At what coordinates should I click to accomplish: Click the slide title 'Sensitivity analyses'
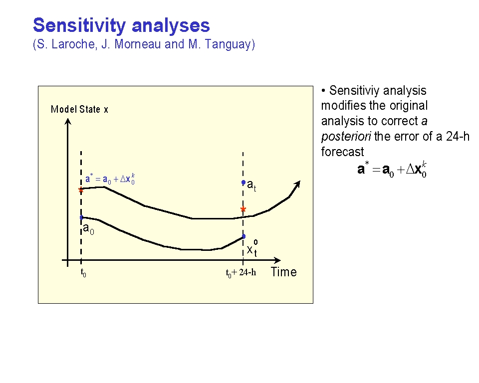point(121,26)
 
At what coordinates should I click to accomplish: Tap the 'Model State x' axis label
point(79,109)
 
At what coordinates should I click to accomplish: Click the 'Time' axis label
point(284,272)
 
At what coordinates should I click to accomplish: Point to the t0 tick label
point(83,272)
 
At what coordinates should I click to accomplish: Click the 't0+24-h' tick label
point(241,273)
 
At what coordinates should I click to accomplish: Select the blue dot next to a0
point(81,217)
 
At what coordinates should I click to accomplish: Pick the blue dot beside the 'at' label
point(243,183)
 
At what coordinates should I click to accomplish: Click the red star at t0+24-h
point(243,209)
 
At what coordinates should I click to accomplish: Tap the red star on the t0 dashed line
point(81,191)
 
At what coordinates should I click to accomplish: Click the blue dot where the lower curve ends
point(244,236)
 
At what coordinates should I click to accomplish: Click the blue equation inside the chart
point(110,179)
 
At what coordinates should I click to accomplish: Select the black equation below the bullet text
point(392,170)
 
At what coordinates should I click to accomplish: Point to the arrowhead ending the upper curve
point(296,184)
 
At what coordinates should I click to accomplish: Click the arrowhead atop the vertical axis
point(68,122)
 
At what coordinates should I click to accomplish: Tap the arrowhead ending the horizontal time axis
point(277,260)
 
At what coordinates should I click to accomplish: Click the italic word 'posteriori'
point(346,137)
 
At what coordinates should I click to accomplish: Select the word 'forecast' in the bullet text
point(342,152)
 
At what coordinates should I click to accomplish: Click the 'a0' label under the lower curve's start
point(89,229)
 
